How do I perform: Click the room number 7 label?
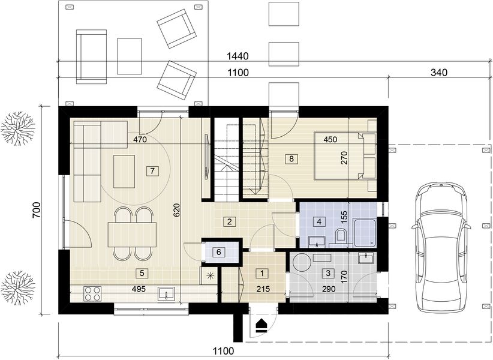pos(153,171)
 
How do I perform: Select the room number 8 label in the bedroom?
pos(291,159)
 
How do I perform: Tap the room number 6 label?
pos(218,251)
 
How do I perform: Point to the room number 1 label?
pos(261,273)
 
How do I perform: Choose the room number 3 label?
pos(327,273)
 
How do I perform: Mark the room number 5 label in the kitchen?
pos(142,273)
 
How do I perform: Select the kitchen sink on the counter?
pos(166,293)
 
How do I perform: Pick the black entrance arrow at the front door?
pos(261,325)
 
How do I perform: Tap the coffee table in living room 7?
pos(125,171)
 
